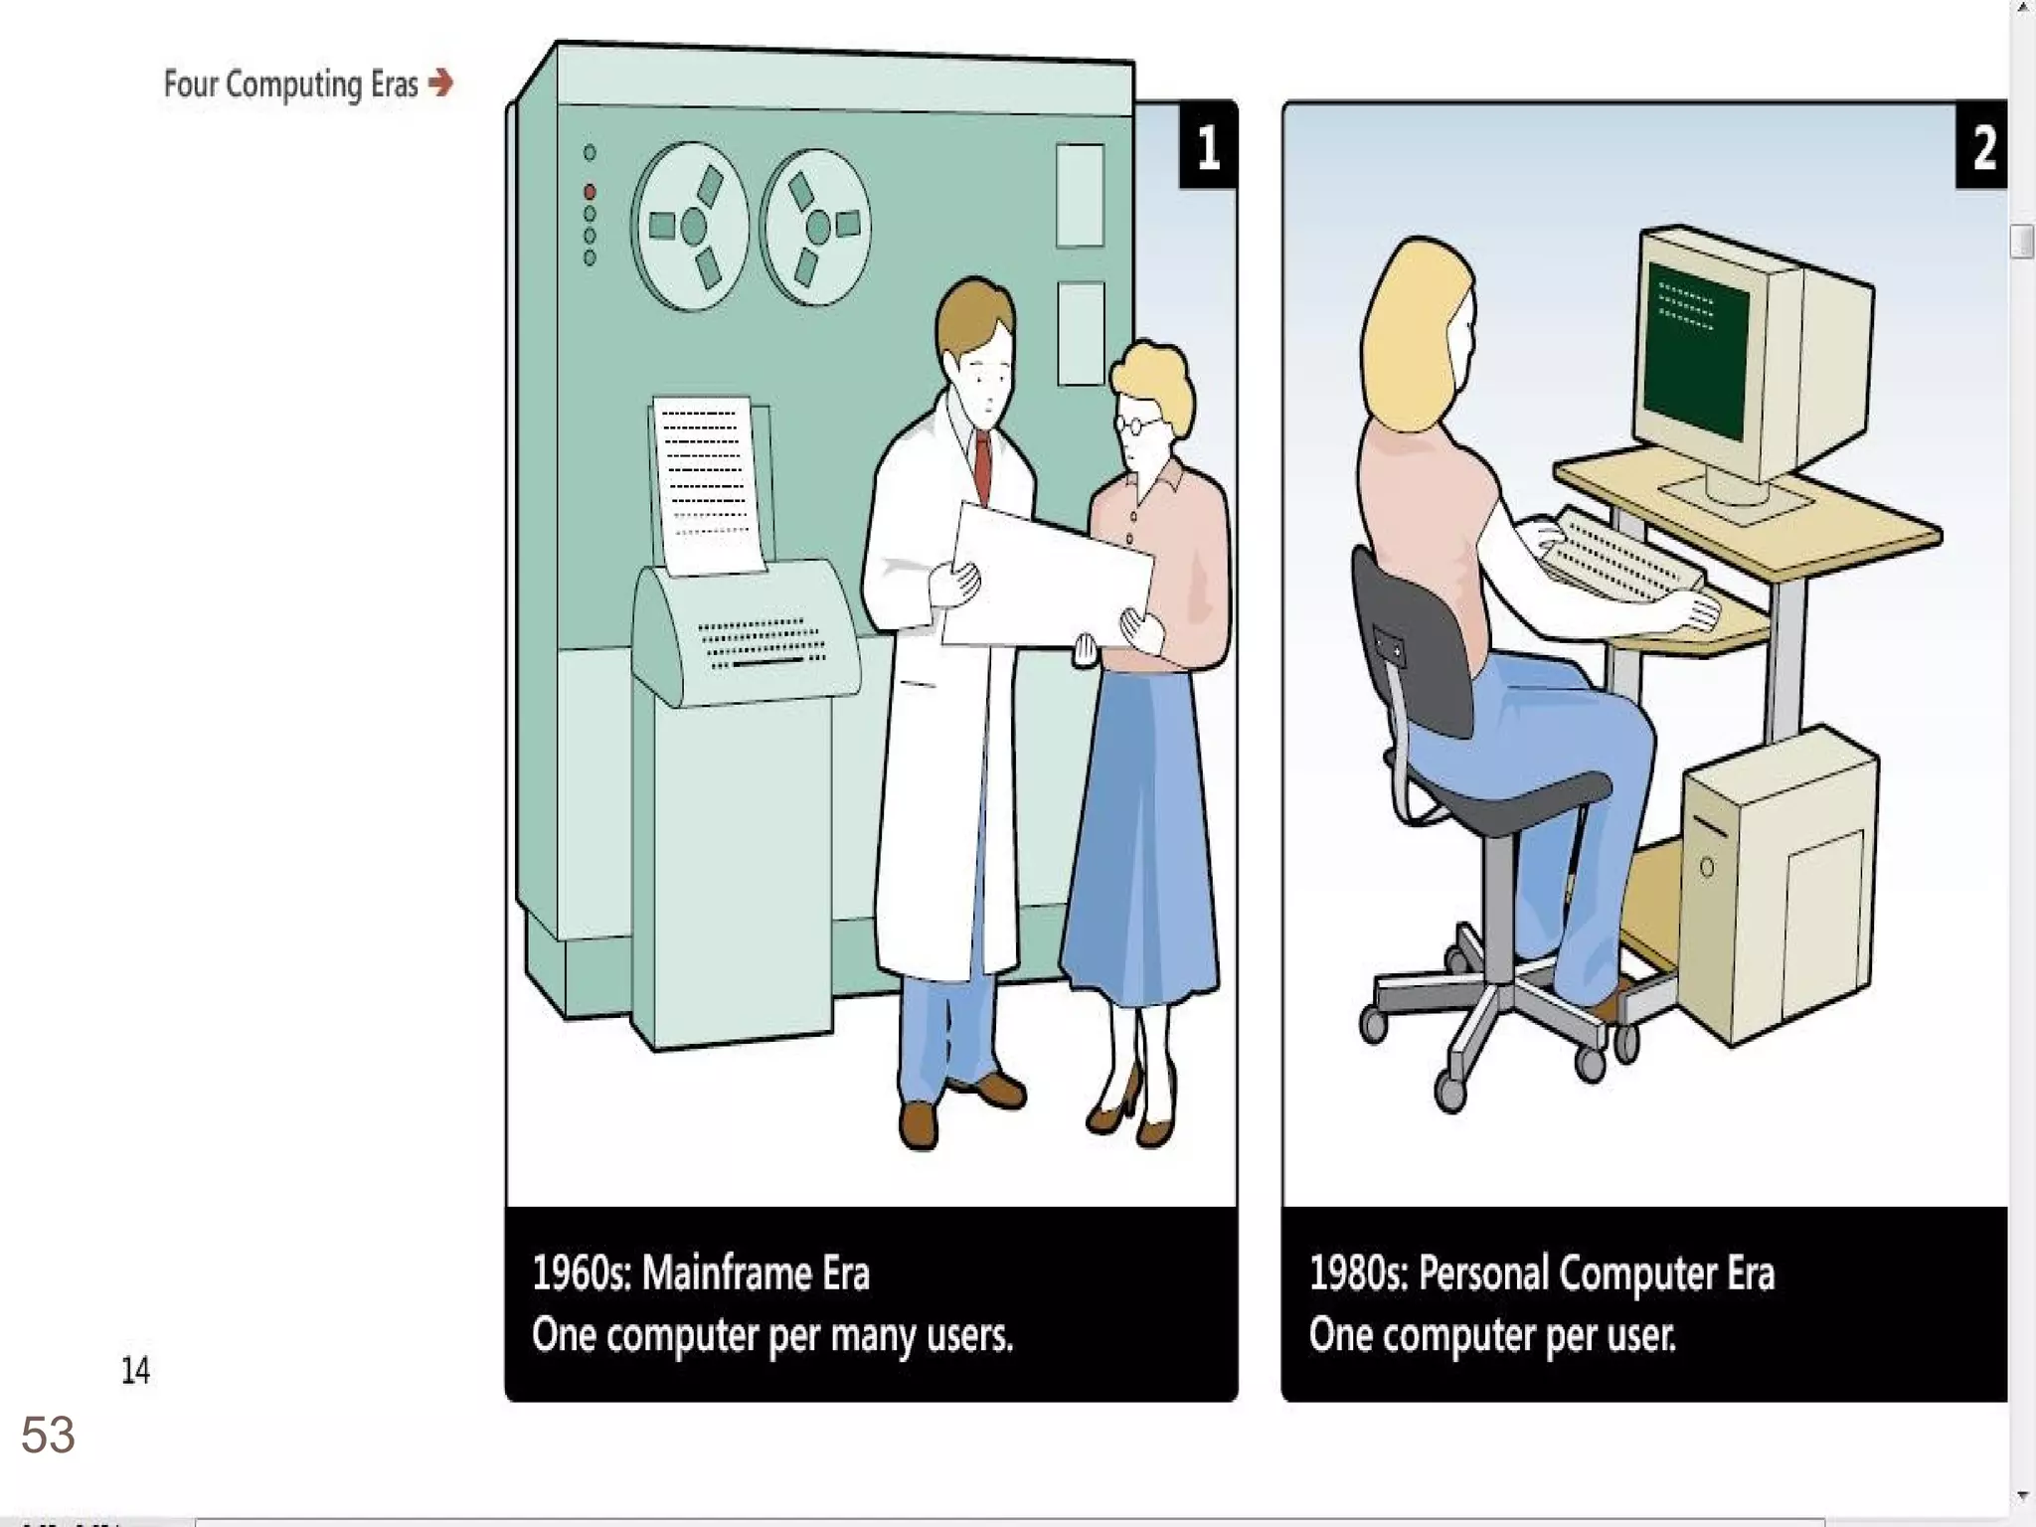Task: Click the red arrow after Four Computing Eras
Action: pyautogui.click(x=440, y=83)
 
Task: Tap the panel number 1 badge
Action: pyautogui.click(x=1208, y=145)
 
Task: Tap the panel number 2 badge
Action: pyautogui.click(x=1981, y=145)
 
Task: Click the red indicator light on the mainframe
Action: pyautogui.click(x=590, y=191)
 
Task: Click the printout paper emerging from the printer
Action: pyautogui.click(x=707, y=485)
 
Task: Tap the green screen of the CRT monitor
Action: pyautogui.click(x=1695, y=351)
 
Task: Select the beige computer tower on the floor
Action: pyautogui.click(x=1778, y=885)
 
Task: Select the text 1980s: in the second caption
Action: pyautogui.click(x=1358, y=1273)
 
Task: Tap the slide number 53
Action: pyautogui.click(x=48, y=1435)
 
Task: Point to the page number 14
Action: pyautogui.click(x=135, y=1370)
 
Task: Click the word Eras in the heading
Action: pyautogui.click(x=395, y=85)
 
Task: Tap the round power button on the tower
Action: pyautogui.click(x=1706, y=868)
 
